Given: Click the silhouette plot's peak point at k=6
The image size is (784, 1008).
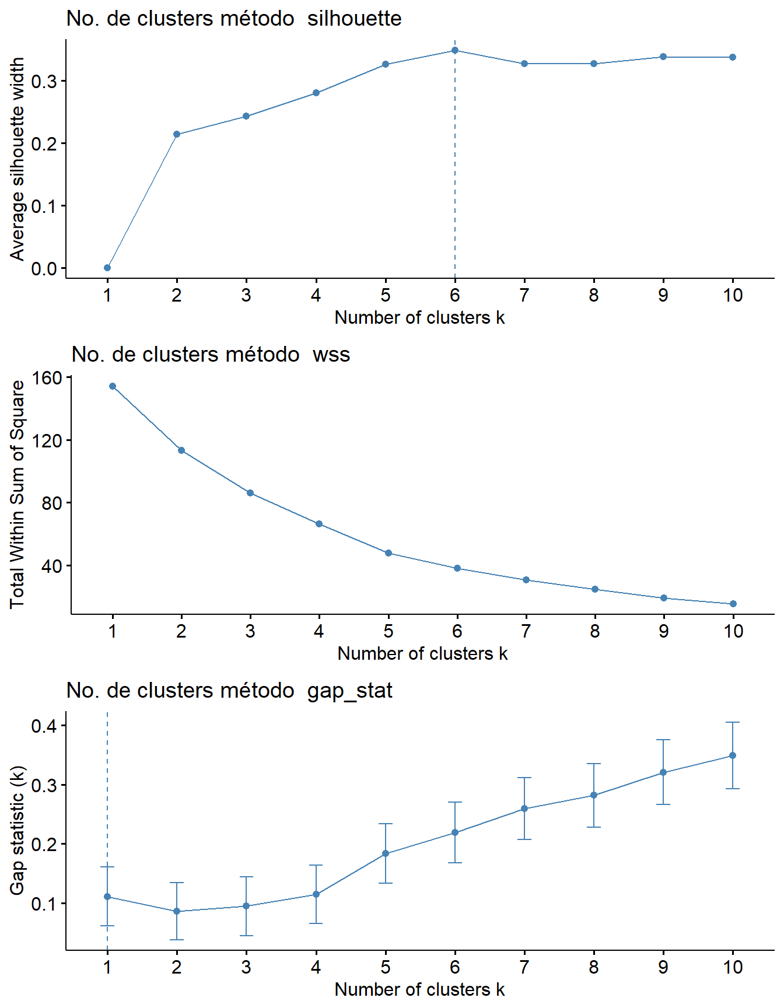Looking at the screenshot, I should pos(455,51).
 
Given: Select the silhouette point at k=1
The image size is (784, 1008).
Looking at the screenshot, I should pos(107,268).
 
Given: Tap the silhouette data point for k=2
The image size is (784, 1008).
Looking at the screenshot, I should pos(177,135).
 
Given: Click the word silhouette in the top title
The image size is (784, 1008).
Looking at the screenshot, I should pos(354,19).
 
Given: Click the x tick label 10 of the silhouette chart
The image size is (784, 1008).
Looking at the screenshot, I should pos(733,296).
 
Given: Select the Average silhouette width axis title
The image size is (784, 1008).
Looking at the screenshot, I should pos(17,159).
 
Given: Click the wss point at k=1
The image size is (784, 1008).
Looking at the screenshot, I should pos(113,386).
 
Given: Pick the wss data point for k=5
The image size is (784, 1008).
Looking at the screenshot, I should pos(388,553).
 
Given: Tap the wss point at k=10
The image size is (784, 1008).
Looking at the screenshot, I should pos(733,604).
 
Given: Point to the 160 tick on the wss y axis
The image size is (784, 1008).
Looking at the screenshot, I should pos(51,378).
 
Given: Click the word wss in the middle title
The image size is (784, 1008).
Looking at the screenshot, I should pos(331,355).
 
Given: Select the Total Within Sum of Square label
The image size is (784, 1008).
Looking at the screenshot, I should pos(17,494).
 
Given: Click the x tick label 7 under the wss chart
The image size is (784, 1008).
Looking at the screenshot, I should pos(526,631).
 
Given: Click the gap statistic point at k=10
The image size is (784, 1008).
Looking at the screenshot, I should pos(733,755).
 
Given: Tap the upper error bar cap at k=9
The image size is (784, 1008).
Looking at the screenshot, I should pos(663,740).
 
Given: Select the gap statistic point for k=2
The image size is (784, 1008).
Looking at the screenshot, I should pos(177,911).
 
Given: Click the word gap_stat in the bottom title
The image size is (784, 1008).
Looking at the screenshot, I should pos(349,691).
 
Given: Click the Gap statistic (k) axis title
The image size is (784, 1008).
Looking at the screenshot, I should pos(17,829).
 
